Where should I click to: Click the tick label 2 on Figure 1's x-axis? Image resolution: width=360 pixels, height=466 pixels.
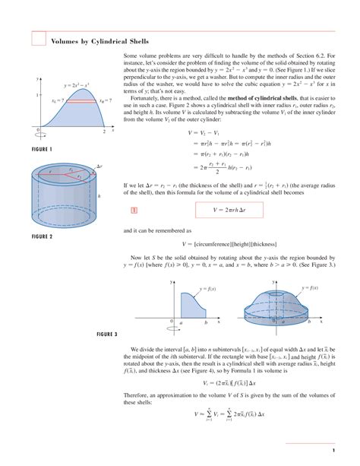(103, 132)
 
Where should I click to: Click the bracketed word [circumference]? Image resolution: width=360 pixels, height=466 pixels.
(217, 243)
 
